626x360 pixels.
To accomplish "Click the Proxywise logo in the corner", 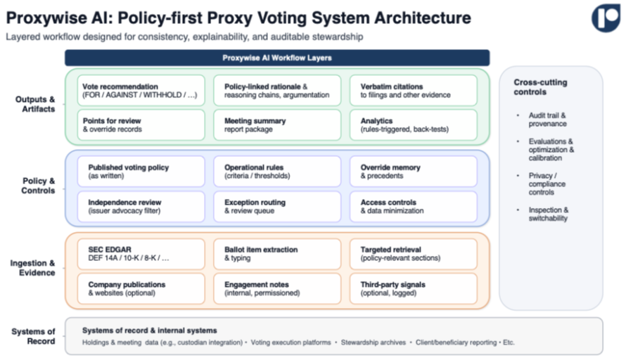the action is point(606,18).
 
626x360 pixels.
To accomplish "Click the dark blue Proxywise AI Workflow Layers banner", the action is point(277,58).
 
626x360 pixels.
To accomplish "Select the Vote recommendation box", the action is point(141,91).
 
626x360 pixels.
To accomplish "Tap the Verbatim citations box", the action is point(413,91).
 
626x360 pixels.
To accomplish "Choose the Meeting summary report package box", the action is point(277,125).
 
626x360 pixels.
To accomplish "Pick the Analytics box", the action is point(413,125).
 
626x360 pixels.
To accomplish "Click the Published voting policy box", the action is point(141,172).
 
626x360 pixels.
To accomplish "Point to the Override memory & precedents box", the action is point(413,172).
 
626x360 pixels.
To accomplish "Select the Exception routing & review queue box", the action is point(277,206).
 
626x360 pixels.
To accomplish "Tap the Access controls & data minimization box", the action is point(413,206).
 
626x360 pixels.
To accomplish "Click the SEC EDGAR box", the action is point(141,254).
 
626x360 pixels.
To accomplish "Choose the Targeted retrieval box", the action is point(413,254).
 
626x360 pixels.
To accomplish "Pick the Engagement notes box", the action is point(277,288).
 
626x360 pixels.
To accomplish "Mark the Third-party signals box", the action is point(413,288).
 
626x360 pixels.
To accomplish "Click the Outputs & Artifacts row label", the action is point(35,104).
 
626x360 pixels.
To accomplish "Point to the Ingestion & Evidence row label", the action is point(33,268).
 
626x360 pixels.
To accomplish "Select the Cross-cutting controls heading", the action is point(540,87).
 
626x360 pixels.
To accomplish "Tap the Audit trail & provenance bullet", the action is point(547,120).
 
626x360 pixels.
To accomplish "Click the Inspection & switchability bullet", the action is point(548,214).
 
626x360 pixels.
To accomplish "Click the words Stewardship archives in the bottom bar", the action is point(373,342).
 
